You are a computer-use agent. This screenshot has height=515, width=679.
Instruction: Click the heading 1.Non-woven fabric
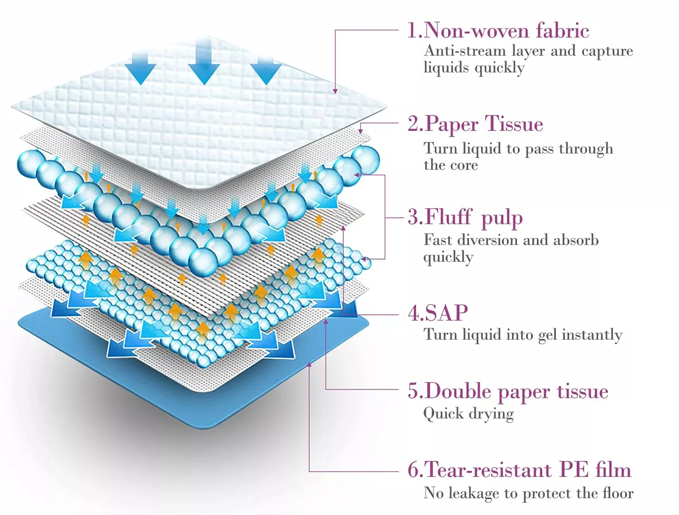(x=498, y=31)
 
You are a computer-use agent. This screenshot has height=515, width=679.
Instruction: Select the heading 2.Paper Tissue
(x=475, y=124)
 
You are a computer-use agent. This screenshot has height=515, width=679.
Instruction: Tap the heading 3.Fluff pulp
(x=465, y=217)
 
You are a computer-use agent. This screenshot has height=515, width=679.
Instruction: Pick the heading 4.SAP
(x=438, y=313)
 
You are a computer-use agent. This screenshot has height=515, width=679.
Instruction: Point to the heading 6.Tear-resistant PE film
(x=519, y=470)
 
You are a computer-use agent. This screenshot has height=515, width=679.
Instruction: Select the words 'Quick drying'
(x=469, y=414)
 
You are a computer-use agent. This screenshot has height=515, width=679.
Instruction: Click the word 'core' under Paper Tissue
(x=464, y=165)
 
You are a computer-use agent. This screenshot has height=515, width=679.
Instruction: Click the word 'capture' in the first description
(x=607, y=52)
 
